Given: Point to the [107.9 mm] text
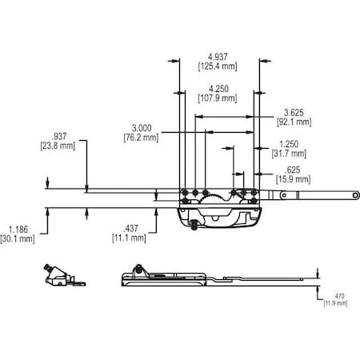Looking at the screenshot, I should pyautogui.click(x=217, y=98).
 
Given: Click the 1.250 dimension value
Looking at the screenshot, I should pyautogui.click(x=289, y=144).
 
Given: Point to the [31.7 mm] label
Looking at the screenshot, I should pyautogui.click(x=289, y=154).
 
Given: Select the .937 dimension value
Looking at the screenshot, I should pyautogui.click(x=58, y=137).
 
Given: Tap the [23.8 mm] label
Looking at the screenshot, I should pyautogui.click(x=58, y=146).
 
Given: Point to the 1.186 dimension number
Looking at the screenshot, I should pyautogui.click(x=18, y=228).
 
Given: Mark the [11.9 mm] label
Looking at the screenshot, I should pyautogui.click(x=335, y=303).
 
